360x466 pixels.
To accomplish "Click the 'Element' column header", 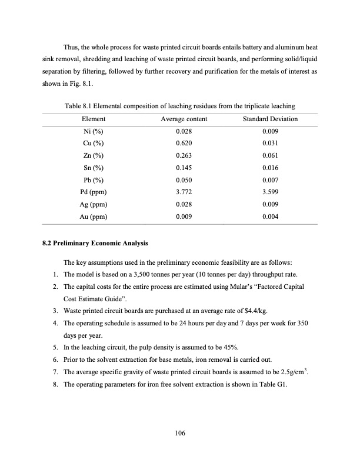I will pyautogui.click(x=93, y=119).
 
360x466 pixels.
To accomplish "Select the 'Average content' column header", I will pyautogui.click(x=184, y=119).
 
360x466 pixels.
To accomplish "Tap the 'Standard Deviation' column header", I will pyautogui.click(x=270, y=119).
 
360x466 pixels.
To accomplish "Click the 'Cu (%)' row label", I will pyautogui.click(x=93, y=144).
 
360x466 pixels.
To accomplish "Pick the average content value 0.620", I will pyautogui.click(x=184, y=144).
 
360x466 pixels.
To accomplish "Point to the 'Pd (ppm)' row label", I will pyautogui.click(x=93, y=192).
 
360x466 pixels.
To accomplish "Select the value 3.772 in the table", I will pyautogui.click(x=184, y=192).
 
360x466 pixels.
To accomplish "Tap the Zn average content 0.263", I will pyautogui.click(x=184, y=156).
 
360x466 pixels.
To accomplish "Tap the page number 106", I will pyautogui.click(x=180, y=434).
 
